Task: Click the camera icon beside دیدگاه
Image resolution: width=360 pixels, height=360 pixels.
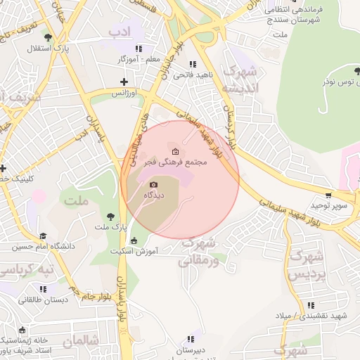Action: [154, 184]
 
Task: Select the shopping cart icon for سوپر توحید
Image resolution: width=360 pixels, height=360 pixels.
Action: [328, 195]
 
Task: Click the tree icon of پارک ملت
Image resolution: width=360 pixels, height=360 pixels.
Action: [109, 217]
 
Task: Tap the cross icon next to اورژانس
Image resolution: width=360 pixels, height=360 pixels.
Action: [124, 83]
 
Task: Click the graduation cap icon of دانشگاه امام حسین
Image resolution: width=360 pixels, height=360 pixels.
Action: [43, 236]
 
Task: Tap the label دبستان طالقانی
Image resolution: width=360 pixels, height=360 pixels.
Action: [44, 300]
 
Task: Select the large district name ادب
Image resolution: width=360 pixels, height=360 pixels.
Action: [120, 32]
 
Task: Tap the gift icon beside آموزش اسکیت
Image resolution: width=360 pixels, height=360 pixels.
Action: [134, 241]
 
